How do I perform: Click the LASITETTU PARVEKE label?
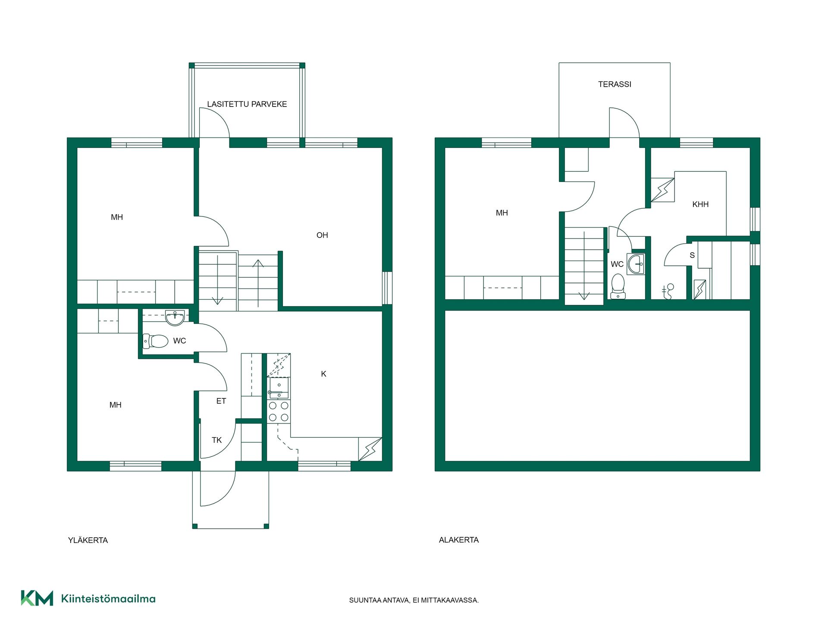click(247, 104)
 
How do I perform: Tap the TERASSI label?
click(615, 84)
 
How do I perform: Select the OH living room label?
click(322, 235)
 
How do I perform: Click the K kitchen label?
click(323, 374)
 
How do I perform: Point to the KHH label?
click(700, 204)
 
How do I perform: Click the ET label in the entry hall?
click(221, 401)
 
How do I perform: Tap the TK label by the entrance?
click(216, 440)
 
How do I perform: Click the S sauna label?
click(692, 255)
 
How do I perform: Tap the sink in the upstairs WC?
click(175, 318)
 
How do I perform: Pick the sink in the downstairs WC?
click(636, 264)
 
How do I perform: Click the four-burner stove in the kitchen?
click(279, 411)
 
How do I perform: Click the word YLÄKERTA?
click(88, 540)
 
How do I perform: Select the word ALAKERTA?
click(459, 540)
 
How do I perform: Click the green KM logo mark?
click(37, 598)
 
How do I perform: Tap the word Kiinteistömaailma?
click(108, 599)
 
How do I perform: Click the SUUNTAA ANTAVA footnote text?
click(414, 600)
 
